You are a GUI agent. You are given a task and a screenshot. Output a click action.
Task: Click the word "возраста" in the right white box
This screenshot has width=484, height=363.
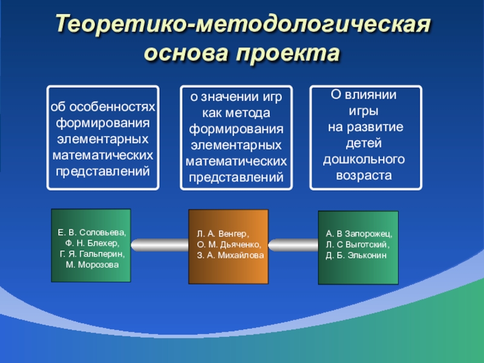point(364,176)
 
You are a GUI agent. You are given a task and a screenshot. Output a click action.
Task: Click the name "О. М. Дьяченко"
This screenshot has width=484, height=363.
point(229,244)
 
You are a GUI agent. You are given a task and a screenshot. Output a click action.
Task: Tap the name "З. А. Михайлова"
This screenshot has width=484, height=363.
point(231,255)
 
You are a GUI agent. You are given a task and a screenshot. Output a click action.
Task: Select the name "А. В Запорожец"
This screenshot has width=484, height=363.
point(359,234)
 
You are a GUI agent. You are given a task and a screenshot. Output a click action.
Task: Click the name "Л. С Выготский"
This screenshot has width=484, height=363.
point(358,244)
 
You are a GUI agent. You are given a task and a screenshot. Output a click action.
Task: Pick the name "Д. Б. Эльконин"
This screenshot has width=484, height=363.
point(356,255)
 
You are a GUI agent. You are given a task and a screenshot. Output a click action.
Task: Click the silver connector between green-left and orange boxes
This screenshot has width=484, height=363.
point(160,245)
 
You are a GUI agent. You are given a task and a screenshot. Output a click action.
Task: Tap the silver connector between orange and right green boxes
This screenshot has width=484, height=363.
point(293,245)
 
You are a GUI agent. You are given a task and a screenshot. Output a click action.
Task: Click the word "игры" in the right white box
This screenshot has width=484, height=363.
point(364,111)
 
